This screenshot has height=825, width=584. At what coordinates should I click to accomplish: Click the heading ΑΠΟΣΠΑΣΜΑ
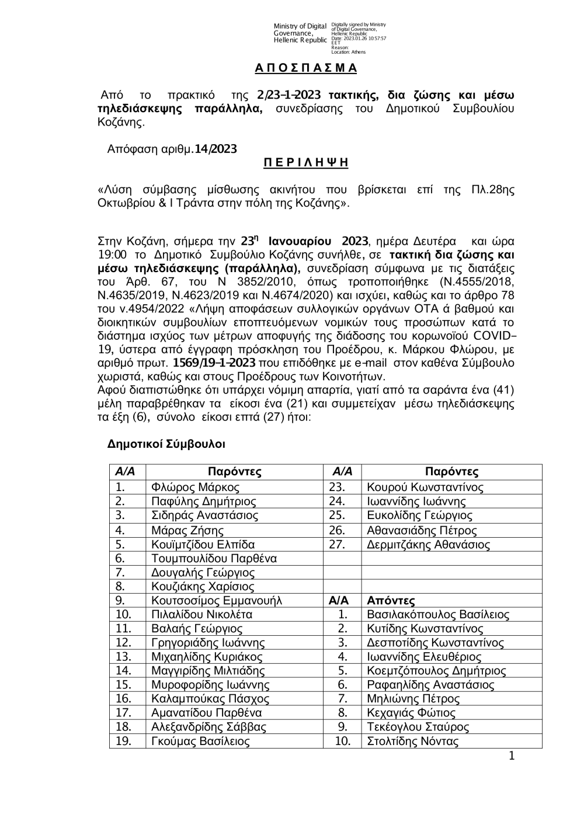point(305,68)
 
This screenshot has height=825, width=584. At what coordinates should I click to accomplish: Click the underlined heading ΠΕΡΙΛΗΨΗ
point(305,163)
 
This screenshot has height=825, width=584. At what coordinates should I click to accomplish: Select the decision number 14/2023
point(215,149)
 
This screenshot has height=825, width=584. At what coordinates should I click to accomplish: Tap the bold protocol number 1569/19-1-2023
point(215,363)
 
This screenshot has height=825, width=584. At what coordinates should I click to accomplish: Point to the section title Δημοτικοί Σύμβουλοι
point(166,444)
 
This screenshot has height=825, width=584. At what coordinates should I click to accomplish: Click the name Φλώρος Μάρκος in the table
point(195,487)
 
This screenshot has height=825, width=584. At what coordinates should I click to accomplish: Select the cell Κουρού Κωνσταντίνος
point(425,487)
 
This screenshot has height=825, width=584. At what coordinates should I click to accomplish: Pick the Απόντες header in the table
point(391,600)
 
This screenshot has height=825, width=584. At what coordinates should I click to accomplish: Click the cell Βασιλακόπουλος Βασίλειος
point(437,614)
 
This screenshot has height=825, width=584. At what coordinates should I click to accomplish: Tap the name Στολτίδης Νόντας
point(412,742)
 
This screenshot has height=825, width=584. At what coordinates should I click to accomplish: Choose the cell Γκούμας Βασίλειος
point(200,742)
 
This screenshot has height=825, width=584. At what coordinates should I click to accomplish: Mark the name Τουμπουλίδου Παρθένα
point(214,558)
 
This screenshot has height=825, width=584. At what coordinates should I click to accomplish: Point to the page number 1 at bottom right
point(512,757)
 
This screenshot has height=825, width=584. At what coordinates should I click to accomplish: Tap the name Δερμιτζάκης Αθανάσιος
point(428,544)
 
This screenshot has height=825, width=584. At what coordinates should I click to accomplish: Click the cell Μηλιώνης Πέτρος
point(413,699)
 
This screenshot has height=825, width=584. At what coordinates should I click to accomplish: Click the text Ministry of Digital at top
point(300,26)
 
